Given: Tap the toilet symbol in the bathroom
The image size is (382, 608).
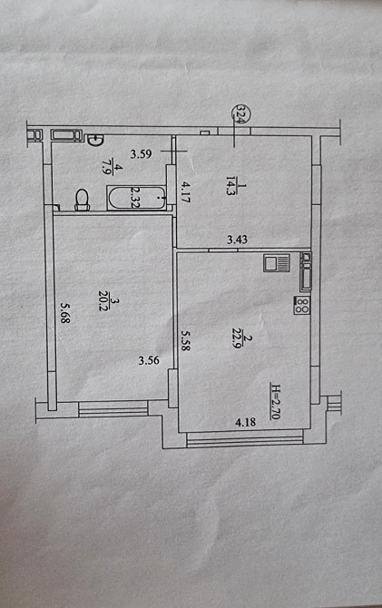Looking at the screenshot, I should [x=83, y=200].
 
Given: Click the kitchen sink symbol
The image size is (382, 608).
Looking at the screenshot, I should [x=275, y=263].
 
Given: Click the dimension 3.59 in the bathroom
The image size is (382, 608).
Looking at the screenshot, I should [x=140, y=153].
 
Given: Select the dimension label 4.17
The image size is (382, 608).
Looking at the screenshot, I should [x=184, y=191].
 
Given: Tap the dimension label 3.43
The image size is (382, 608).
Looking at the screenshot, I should [x=238, y=240].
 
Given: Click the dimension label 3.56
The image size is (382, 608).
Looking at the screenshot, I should [x=149, y=360].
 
